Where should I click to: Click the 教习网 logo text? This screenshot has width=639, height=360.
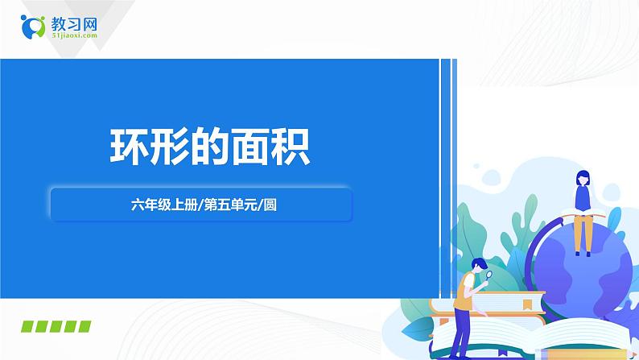point(74,23)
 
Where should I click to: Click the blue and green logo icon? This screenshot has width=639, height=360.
point(33,27)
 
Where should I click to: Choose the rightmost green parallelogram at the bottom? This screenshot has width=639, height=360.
point(83,326)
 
